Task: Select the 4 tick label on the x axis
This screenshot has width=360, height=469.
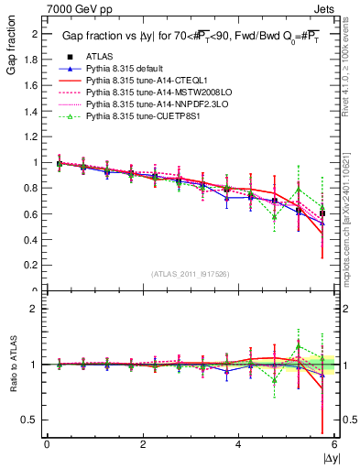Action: (x=238, y=443)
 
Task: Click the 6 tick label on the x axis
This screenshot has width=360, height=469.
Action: (x=334, y=443)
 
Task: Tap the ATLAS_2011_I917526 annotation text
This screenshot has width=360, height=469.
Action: (x=191, y=274)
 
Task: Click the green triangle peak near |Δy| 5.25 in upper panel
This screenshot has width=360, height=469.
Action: (x=299, y=190)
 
